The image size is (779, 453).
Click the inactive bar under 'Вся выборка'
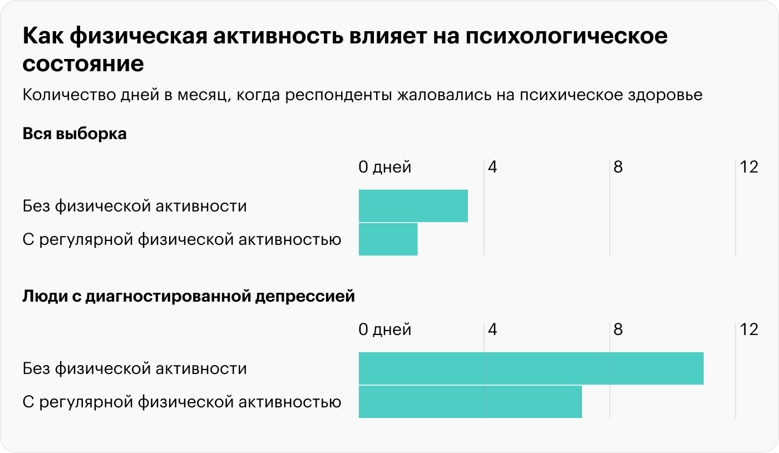click(413, 206)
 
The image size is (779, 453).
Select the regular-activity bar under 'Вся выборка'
click(388, 239)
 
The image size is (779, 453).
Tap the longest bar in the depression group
click(531, 368)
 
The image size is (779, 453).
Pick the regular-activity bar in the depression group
click(470, 402)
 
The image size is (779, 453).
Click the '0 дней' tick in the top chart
click(384, 167)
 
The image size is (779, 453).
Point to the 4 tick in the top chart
click(492, 167)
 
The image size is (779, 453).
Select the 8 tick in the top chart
click(618, 167)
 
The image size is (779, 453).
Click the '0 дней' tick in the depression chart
click(384, 329)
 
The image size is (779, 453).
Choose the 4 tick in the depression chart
click(492, 329)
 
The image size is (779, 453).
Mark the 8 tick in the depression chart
click(618, 329)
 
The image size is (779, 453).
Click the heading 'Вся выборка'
click(75, 134)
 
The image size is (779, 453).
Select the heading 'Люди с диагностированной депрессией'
click(188, 297)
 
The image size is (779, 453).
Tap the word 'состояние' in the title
click(83, 64)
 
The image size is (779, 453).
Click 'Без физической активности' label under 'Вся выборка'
click(135, 206)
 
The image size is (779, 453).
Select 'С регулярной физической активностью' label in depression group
click(182, 402)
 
